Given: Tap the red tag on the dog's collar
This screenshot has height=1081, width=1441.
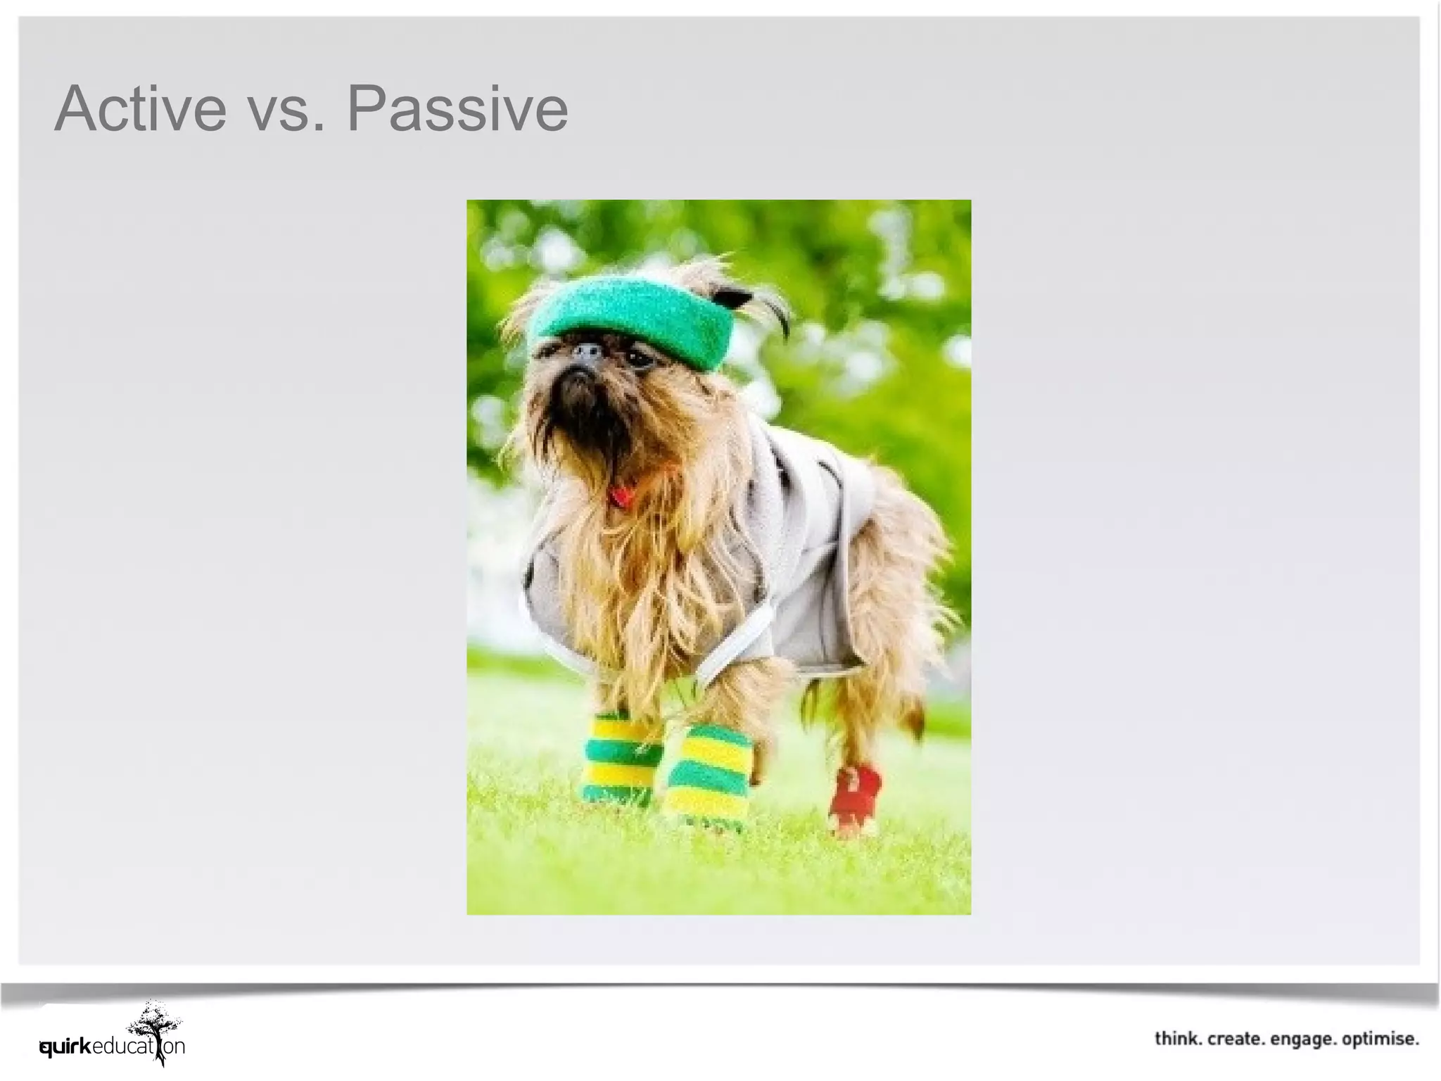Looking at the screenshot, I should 621,497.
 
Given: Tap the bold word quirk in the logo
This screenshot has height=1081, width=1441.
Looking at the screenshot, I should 65,1047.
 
